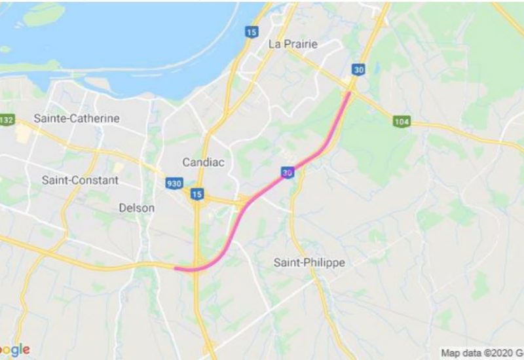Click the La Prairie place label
point(293,45)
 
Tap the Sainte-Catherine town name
point(77,118)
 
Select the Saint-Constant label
point(80,179)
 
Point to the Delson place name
point(137,208)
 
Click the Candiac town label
point(203,162)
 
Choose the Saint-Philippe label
point(309,262)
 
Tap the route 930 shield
point(174,184)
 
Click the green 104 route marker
point(402,122)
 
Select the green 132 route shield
point(7,120)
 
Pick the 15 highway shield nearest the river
point(252,31)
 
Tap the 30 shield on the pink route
point(288,172)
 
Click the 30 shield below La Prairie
point(358,69)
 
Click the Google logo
point(14,350)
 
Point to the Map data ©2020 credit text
point(481,353)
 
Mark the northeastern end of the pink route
point(349,93)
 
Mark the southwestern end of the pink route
point(176,268)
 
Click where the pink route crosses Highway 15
point(197,268)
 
